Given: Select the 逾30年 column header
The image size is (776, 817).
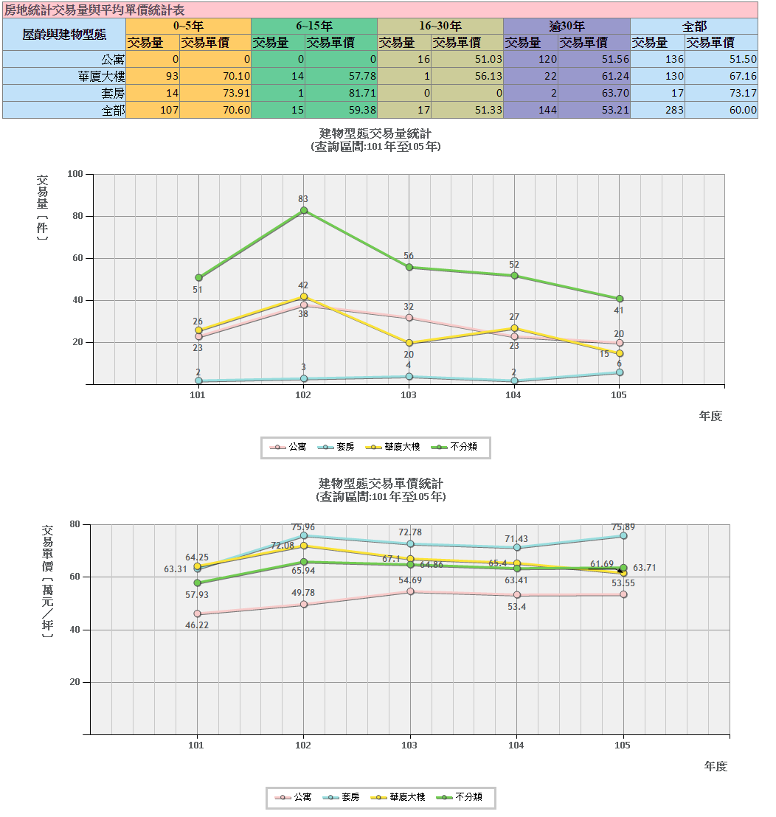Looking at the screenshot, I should pyautogui.click(x=567, y=26).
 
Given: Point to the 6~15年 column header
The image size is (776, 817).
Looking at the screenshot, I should pyautogui.click(x=314, y=26).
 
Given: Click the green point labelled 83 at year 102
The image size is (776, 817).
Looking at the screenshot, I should pyautogui.click(x=303, y=210).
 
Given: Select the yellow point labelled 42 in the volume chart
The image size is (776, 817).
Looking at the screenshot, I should pyautogui.click(x=303, y=296).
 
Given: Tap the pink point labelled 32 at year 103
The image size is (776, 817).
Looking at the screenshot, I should pyautogui.click(x=409, y=318).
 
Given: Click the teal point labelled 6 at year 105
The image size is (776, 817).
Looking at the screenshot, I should pyautogui.click(x=620, y=372).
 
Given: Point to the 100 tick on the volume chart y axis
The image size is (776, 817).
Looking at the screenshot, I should pyautogui.click(x=75, y=174).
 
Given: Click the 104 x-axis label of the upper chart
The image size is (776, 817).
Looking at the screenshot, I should pyautogui.click(x=513, y=395).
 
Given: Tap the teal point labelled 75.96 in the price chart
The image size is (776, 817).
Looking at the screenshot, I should pyautogui.click(x=304, y=535).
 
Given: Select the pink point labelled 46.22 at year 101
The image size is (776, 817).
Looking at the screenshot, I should pyautogui.click(x=197, y=613).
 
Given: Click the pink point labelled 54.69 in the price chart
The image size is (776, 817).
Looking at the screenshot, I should pyautogui.click(x=410, y=591).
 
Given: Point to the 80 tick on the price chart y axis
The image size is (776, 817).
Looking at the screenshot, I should pyautogui.click(x=75, y=524).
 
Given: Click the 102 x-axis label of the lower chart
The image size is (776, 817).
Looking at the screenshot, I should pyautogui.click(x=303, y=745).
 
